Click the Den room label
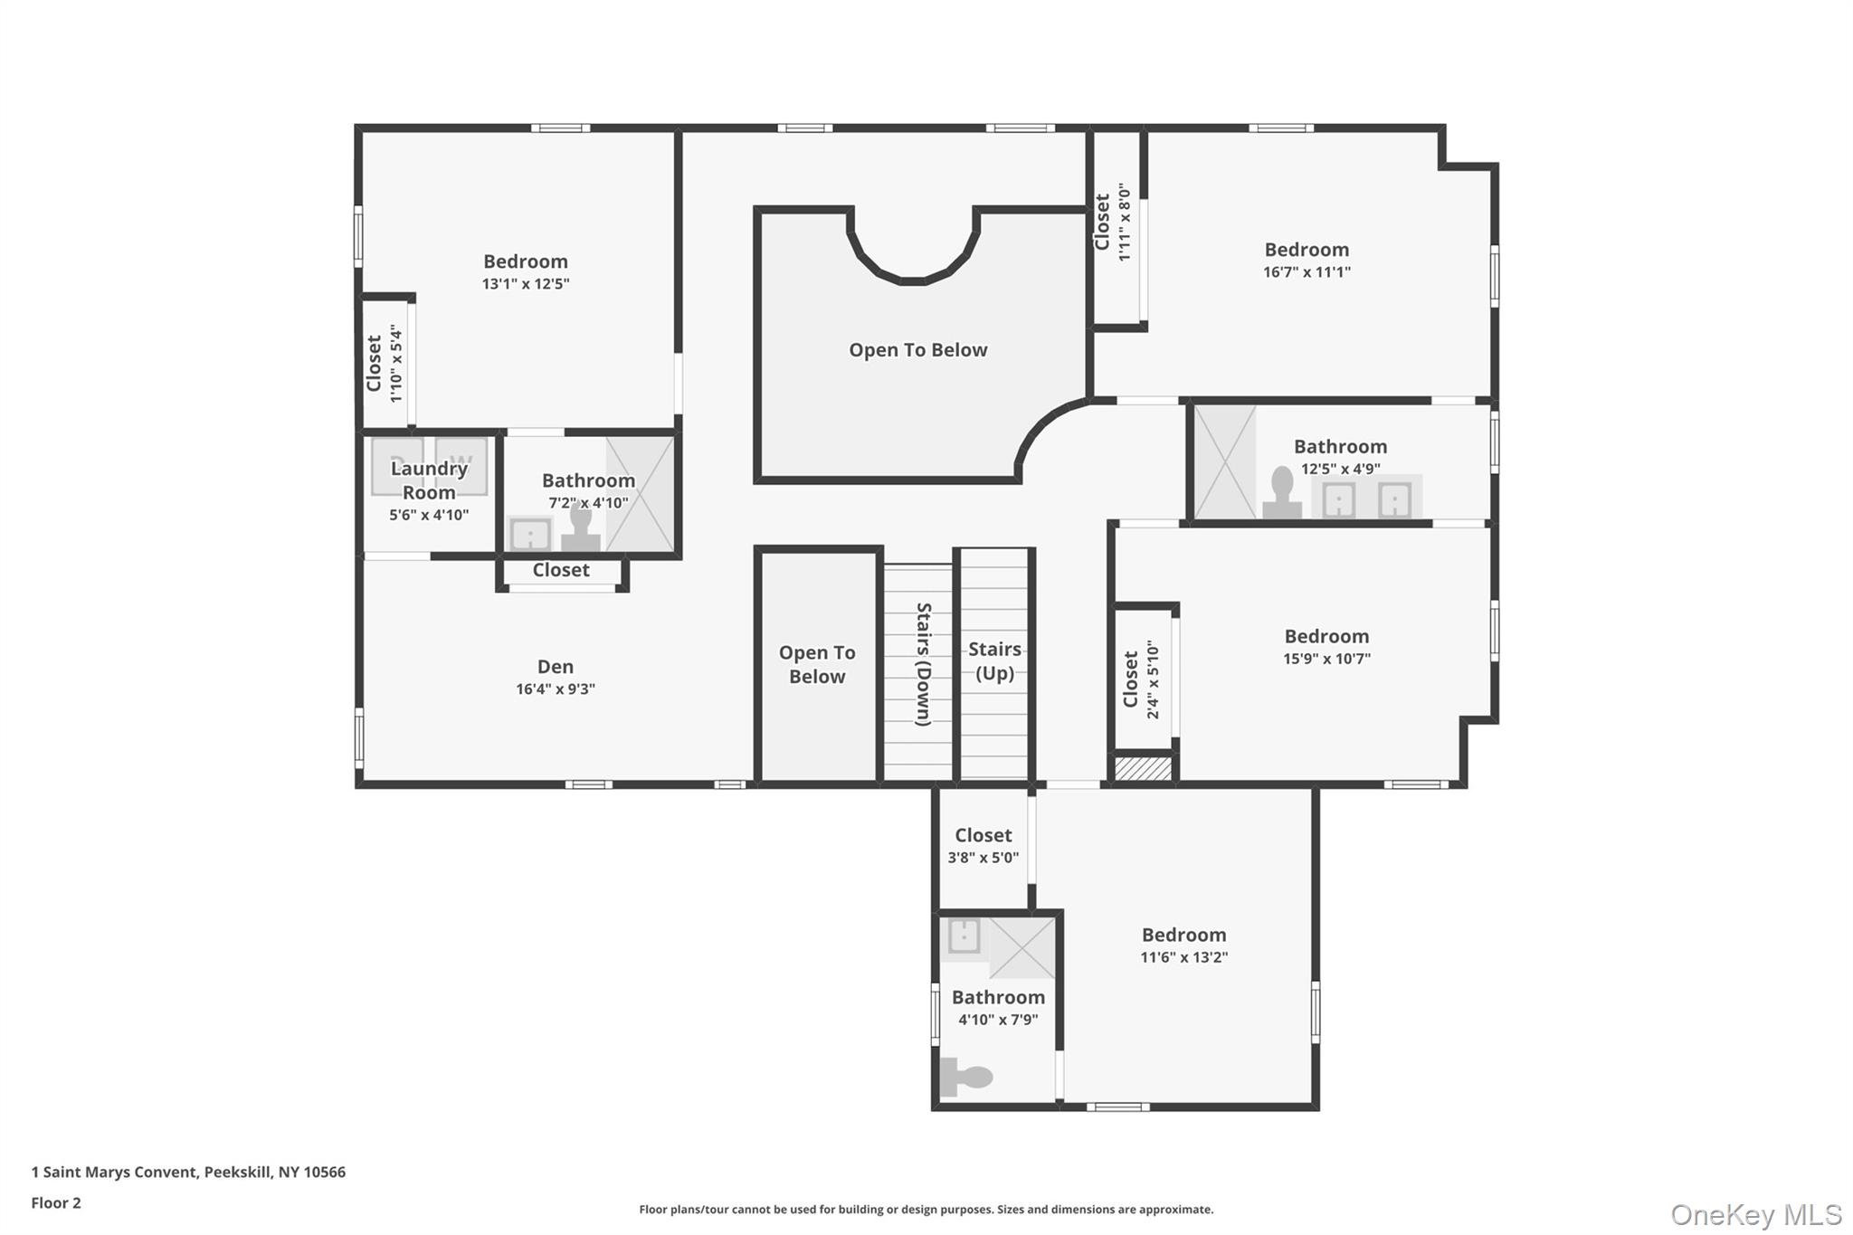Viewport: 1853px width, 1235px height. pos(556,667)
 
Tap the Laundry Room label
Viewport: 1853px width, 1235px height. pos(429,480)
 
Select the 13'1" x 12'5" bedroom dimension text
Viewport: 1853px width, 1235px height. pos(526,284)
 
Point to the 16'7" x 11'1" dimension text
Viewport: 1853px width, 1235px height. pos(1307,272)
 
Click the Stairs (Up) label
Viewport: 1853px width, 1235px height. pos(994,660)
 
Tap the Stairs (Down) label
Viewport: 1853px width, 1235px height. pos(924,664)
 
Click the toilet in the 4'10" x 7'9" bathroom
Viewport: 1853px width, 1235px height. pos(966,1077)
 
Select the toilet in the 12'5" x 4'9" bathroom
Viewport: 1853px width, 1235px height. pos(1282,493)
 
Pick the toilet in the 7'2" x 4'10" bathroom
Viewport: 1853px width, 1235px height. pos(580,527)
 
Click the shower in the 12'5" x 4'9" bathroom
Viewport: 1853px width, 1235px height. pos(1225,462)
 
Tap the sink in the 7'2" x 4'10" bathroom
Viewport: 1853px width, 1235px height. pos(530,534)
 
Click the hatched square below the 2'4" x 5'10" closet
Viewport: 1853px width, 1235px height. pos(1143,768)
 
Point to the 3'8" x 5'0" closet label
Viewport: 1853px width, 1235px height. pos(984,845)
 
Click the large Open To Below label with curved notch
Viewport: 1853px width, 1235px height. pos(918,350)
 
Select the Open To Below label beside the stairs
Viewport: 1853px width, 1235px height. pos(817,664)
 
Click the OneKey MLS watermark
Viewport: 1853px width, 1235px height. pos(1756,1214)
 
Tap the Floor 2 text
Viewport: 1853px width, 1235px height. pos(56,1203)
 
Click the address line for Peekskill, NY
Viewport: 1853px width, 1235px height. pos(188,1173)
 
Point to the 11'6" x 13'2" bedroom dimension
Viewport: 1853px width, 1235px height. pos(1183,957)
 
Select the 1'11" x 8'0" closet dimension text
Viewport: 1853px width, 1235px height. pos(1125,223)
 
